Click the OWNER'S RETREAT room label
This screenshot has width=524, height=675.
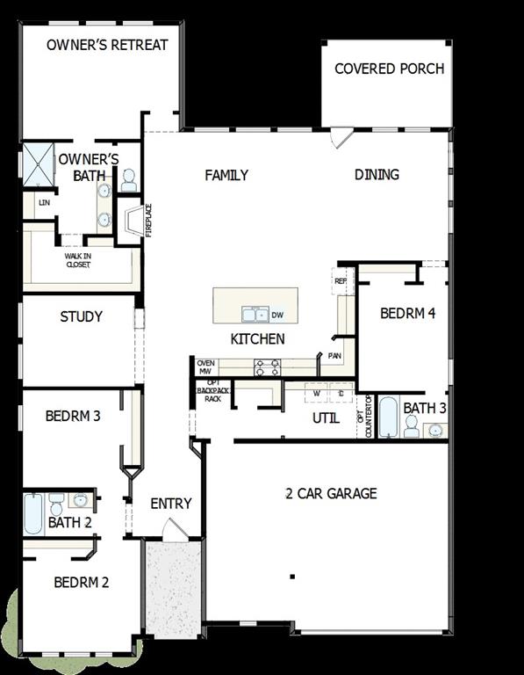(107, 44)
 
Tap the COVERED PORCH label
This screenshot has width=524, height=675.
(389, 69)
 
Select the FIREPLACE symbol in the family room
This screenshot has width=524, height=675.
(132, 221)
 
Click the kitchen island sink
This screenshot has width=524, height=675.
(255, 315)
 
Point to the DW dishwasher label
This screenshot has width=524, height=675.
(277, 315)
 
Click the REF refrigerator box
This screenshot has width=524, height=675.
(341, 282)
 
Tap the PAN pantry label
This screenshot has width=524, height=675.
(334, 356)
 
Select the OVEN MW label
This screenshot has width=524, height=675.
(205, 367)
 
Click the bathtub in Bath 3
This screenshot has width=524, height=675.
(388, 417)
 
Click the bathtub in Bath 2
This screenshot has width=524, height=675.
(32, 513)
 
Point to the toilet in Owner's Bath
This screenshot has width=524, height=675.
(128, 180)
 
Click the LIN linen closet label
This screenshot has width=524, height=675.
(43, 202)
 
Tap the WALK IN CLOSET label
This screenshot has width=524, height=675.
(77, 260)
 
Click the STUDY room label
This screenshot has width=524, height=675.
(81, 316)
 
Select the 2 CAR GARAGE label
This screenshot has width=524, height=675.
(331, 493)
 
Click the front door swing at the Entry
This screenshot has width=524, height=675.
(174, 530)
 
